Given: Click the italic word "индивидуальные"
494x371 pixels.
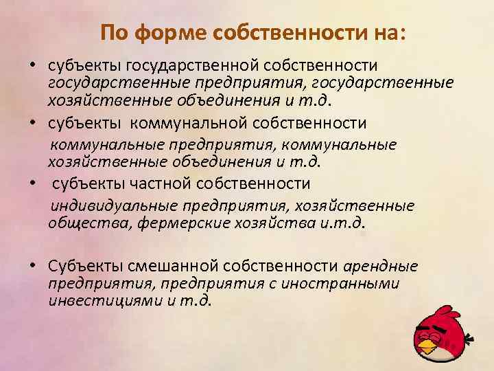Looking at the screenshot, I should [x=115, y=205].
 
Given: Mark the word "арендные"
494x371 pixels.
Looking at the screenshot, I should [x=379, y=267].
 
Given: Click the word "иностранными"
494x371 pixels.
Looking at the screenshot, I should [x=350, y=283].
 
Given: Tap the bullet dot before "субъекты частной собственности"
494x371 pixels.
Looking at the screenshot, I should [x=34, y=184].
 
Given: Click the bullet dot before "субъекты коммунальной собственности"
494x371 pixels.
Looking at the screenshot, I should [x=34, y=124].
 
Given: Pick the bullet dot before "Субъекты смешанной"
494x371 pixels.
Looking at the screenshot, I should [x=34, y=267].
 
